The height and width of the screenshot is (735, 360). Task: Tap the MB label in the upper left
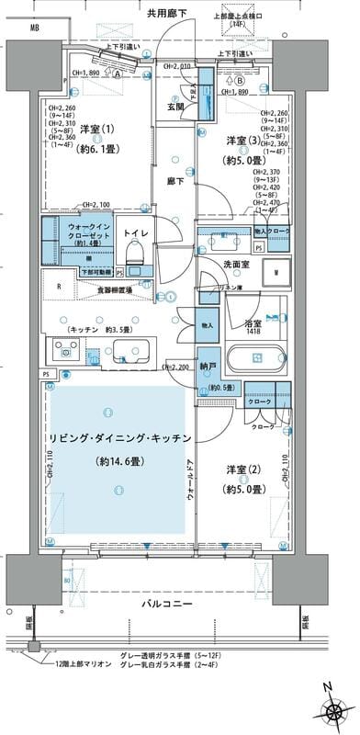click(x=34, y=29)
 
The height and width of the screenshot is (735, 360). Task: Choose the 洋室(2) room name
click(x=243, y=470)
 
